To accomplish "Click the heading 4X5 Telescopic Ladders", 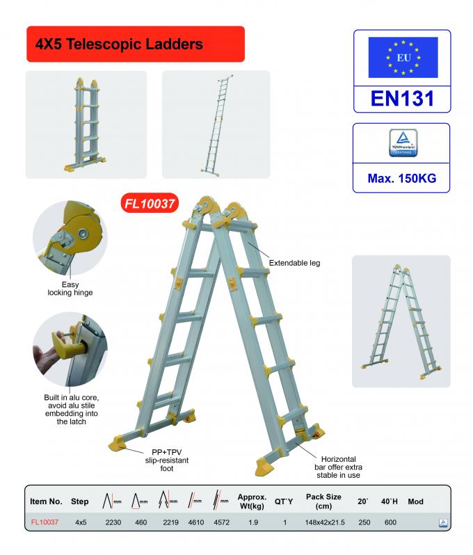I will point(119,44).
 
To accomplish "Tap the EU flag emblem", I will point(402,57).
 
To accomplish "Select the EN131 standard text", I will point(402,97).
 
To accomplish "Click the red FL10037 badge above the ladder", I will point(148,204).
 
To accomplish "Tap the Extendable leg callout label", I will point(294,264).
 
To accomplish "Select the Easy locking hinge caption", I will point(65,289).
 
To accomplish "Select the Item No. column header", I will point(47,501).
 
